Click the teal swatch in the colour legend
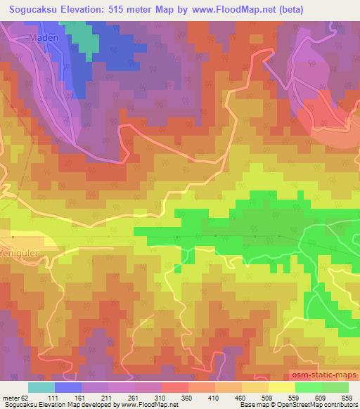point(41,387)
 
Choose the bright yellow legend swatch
point(281,387)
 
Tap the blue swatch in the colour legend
point(67,387)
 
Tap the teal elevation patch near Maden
point(88,41)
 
